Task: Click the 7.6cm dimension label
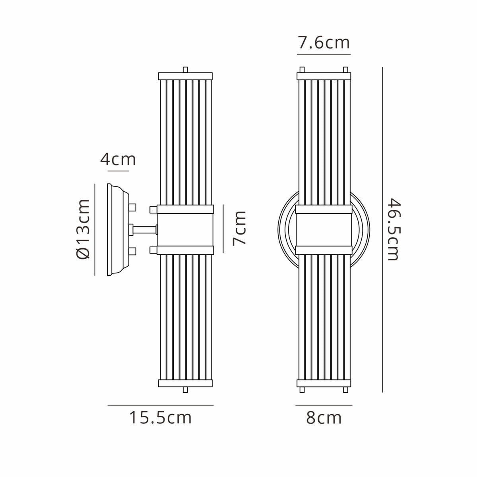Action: point(324,43)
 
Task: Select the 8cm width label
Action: point(324,418)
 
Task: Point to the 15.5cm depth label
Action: point(161,418)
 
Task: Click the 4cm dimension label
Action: point(118,159)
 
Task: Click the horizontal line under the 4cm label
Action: point(118,171)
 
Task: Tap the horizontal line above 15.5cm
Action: point(161,405)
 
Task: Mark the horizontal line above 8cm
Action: point(324,405)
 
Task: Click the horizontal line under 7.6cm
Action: point(324,54)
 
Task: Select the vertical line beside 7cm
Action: point(223,229)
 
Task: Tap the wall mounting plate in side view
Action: point(117,230)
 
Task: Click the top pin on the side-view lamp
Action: point(185,70)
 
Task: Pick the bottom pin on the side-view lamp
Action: point(185,391)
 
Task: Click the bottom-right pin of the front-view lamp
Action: point(345,391)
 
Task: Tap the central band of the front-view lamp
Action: point(324,230)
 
